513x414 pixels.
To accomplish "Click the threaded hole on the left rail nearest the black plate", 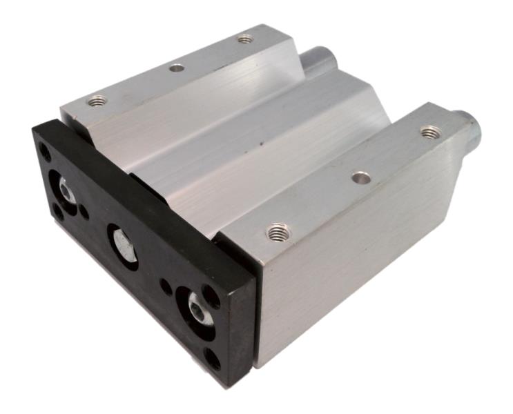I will [x=97, y=101].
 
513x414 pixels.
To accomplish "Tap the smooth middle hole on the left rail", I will [x=177, y=68].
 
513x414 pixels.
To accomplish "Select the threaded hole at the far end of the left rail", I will [x=245, y=39].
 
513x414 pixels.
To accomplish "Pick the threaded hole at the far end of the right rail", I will [x=430, y=130].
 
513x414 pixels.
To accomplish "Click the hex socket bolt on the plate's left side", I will [x=66, y=190].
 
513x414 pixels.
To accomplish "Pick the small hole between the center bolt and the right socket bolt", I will [x=166, y=284].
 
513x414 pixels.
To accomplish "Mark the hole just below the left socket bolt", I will [x=59, y=213].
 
